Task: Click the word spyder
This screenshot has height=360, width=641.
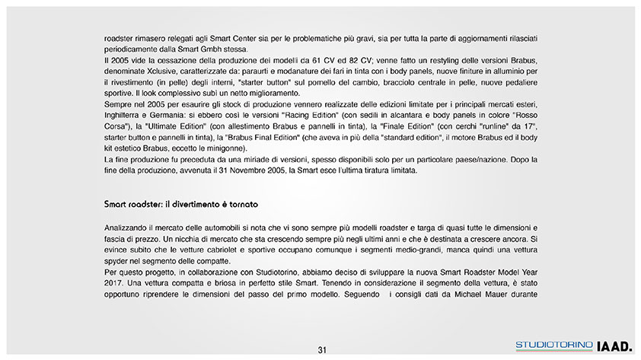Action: (x=118, y=261)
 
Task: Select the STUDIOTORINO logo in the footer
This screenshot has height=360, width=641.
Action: (x=554, y=346)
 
